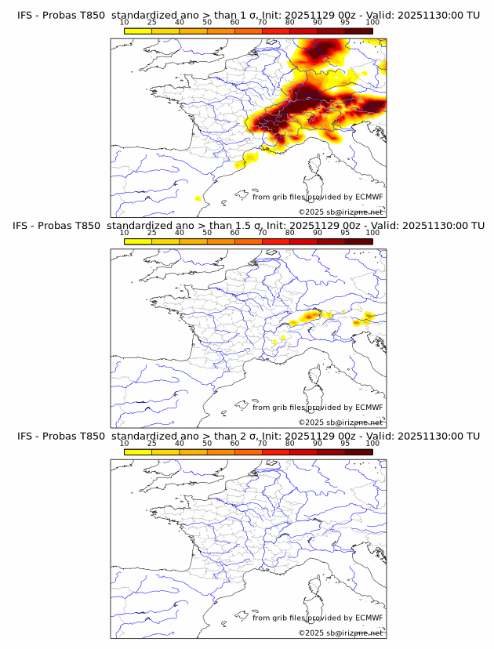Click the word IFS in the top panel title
tap(25, 15)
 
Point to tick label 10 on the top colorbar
tap(125, 22)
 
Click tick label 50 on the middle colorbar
tap(207, 233)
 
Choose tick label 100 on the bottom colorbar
tap(372, 443)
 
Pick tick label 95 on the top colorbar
tap(345, 22)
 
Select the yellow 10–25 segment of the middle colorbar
tap(138, 241)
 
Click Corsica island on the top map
tap(315, 167)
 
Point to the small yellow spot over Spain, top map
tap(198, 199)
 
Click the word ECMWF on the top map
tap(369, 197)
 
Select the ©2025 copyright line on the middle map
tap(341, 422)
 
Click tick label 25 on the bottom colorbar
tap(152, 443)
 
